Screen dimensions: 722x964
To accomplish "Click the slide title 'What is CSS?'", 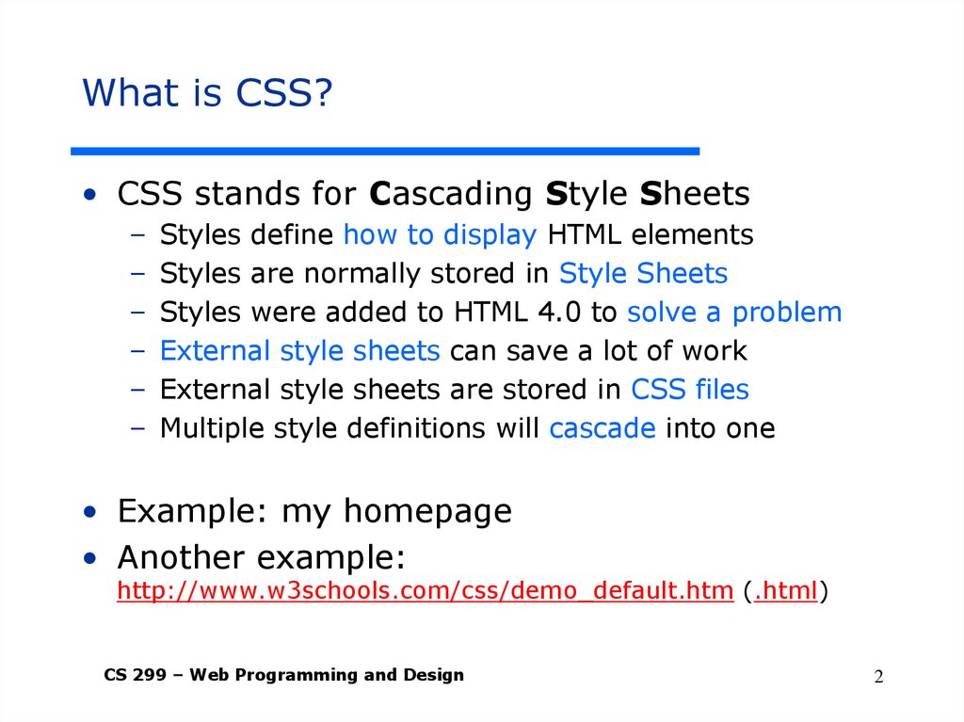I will [208, 93].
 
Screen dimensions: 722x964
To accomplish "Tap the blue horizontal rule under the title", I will [386, 151].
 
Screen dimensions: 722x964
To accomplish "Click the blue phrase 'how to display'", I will [440, 234].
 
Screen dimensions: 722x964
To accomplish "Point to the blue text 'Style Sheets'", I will [643, 274].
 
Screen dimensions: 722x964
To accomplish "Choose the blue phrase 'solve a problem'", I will [734, 313].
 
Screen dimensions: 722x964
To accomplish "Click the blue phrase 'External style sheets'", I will [299, 351].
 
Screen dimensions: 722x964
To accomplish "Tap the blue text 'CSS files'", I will [689, 390].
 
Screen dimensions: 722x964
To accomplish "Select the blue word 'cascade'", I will [602, 428].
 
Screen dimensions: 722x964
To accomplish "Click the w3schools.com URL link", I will [425, 591].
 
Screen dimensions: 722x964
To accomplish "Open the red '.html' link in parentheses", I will [785, 591].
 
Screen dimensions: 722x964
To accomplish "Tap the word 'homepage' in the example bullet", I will [427, 511].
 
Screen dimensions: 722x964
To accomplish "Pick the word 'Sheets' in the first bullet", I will [695, 194].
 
